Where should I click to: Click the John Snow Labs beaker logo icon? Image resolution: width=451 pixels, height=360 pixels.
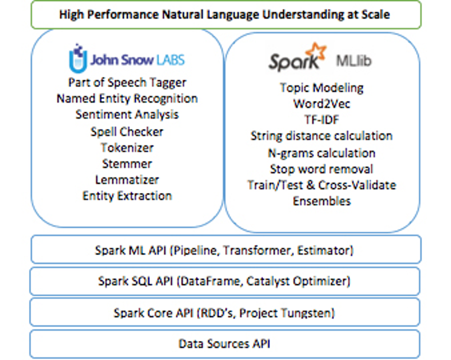(x=77, y=58)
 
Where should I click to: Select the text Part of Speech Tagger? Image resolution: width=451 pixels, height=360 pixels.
(x=127, y=83)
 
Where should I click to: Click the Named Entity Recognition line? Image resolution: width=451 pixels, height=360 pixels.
(x=127, y=99)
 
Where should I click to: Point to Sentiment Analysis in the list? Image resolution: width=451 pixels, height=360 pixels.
(x=127, y=115)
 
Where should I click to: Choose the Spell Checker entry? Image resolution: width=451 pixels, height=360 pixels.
(x=127, y=132)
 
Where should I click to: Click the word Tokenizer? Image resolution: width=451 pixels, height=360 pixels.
(x=127, y=148)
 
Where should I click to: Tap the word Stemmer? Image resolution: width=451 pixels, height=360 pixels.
(x=127, y=164)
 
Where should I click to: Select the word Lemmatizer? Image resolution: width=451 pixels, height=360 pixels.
(x=127, y=180)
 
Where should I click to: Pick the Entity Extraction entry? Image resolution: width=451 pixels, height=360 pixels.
(x=127, y=196)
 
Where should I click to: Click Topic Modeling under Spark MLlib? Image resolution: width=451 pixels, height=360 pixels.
(x=321, y=88)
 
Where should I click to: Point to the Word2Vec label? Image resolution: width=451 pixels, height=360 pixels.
(x=321, y=104)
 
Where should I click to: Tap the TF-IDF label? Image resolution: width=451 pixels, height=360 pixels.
(x=321, y=120)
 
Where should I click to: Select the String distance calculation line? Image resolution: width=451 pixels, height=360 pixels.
(x=321, y=136)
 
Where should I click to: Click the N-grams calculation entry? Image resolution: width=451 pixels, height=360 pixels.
(x=321, y=153)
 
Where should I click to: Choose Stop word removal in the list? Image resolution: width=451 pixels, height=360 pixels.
(x=321, y=169)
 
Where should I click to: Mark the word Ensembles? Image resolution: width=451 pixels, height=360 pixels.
(x=321, y=201)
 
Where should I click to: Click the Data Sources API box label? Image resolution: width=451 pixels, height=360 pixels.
(x=224, y=344)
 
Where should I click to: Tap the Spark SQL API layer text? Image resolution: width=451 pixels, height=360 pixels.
(x=224, y=281)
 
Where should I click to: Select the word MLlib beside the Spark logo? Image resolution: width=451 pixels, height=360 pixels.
(x=354, y=61)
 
